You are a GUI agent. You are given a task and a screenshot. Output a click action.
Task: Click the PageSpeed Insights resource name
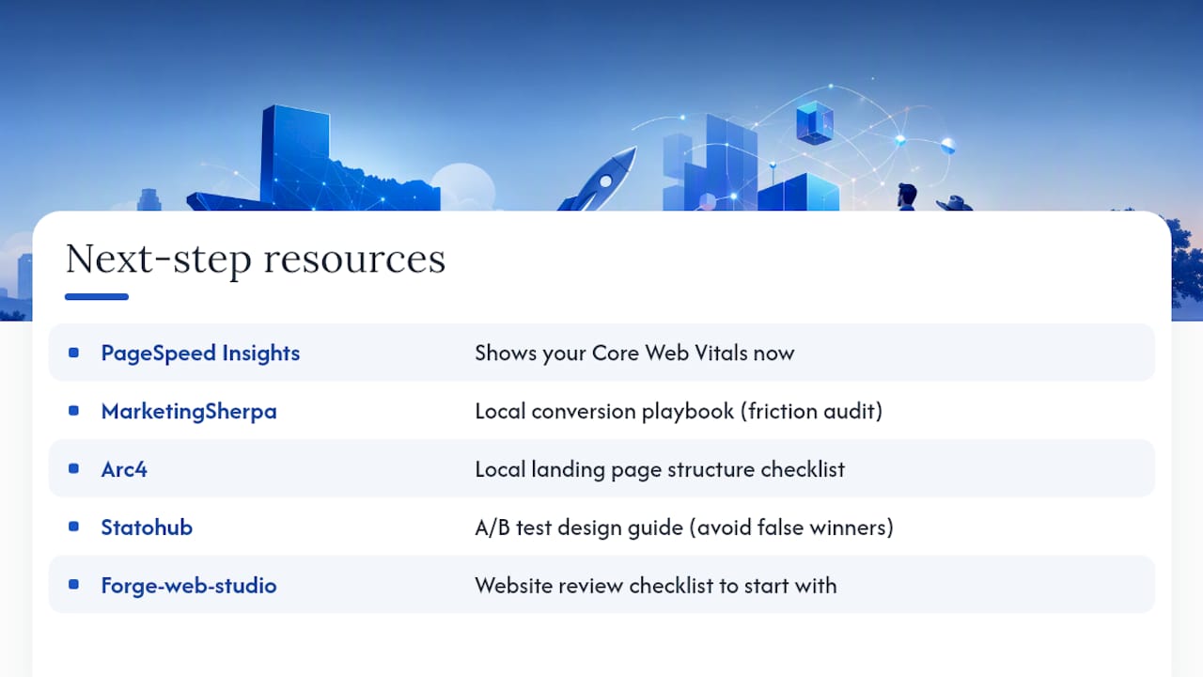200,353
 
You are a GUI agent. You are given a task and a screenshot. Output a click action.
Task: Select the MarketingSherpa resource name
189,411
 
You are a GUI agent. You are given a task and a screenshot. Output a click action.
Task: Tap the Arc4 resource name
124,469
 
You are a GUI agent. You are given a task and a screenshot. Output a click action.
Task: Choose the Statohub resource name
147,527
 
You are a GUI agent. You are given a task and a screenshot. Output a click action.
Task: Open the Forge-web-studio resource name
189,585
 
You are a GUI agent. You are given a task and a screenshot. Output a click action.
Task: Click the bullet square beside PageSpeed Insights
73,353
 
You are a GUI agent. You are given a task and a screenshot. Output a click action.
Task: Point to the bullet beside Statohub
73,527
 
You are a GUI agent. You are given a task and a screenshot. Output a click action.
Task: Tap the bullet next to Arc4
73,468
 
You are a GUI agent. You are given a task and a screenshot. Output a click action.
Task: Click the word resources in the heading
354,260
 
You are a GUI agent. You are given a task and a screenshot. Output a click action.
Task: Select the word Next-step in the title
159,260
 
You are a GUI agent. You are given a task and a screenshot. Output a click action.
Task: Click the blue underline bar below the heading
97,296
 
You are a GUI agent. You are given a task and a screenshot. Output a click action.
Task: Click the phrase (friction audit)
811,411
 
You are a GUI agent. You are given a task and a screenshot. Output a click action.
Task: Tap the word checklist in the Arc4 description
803,469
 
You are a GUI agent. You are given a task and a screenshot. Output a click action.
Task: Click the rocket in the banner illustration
599,181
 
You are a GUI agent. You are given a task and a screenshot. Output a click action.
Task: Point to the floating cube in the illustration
815,122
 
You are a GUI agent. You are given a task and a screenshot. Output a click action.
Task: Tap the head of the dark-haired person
907,195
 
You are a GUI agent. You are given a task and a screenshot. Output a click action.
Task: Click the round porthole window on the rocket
605,181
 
